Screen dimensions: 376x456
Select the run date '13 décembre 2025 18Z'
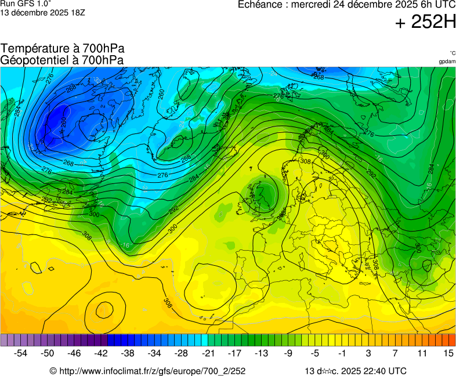coord(42,12)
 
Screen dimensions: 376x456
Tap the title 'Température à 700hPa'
coord(62,49)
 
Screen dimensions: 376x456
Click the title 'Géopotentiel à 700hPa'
coord(62,60)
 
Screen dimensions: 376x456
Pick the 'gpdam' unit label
coord(447,62)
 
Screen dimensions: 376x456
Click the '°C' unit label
coord(452,53)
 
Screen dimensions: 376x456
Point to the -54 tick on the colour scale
coord(21,353)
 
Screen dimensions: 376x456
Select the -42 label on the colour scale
coord(102,353)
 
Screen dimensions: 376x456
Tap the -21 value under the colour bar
coord(208,353)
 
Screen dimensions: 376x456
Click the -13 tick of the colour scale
coord(262,353)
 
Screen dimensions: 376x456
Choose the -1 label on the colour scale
coord(342,353)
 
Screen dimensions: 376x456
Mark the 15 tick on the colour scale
coord(448,353)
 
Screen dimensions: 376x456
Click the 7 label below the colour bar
coord(395,353)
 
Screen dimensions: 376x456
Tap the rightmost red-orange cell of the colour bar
coord(452,340)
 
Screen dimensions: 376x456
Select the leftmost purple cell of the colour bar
coord(5,340)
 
